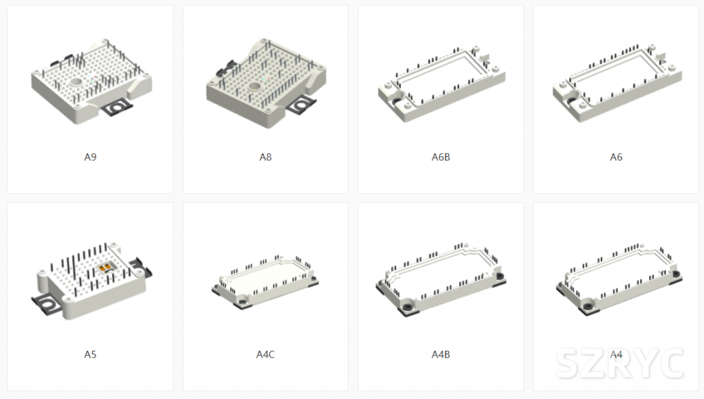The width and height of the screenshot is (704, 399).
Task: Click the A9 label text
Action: point(90,157)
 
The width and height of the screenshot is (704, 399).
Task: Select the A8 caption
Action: point(265,157)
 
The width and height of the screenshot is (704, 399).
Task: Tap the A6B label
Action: point(441,157)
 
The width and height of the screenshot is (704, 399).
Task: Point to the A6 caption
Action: point(616,157)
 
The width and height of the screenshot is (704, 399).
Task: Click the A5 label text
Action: point(90,354)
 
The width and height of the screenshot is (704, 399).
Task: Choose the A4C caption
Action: point(265,354)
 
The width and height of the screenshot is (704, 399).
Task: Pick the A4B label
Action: point(441,354)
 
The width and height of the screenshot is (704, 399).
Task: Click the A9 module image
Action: point(91,82)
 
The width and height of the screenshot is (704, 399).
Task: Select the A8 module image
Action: point(266,83)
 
